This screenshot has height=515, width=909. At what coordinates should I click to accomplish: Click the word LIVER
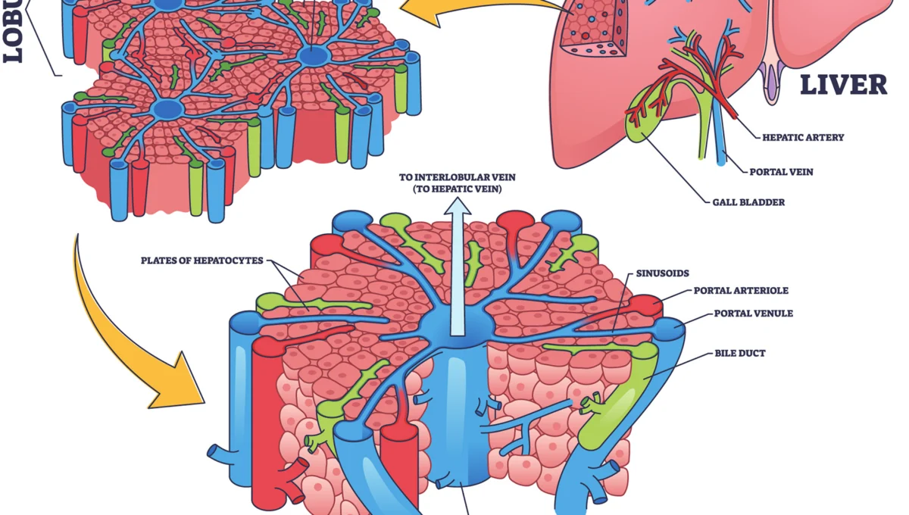843,85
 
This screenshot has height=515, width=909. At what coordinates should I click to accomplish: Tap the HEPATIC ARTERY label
803,138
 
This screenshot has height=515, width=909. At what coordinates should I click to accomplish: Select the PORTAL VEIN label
781,172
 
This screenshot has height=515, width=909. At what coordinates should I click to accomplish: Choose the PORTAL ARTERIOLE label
741,290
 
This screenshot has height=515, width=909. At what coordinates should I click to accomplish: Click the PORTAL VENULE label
753,313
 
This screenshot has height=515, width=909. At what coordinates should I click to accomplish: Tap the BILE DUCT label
740,353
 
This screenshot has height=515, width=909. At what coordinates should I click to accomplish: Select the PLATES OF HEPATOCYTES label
201,261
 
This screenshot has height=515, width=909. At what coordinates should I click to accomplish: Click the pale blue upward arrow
458,265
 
